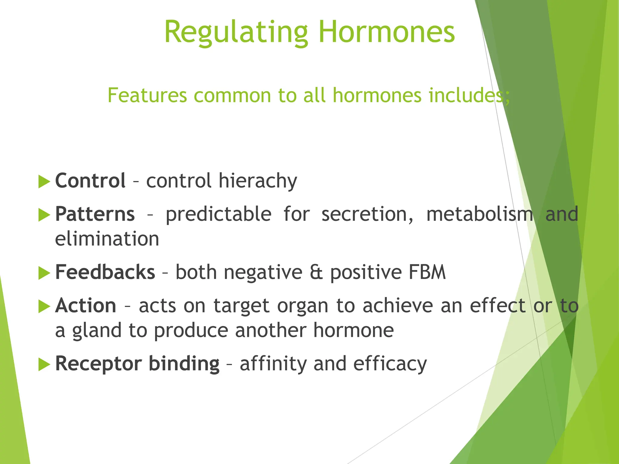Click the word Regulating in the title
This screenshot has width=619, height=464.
(236, 33)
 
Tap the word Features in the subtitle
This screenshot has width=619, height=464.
(147, 95)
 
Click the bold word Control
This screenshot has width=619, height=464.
(90, 181)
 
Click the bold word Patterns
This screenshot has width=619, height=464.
(95, 214)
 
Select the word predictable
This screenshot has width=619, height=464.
(219, 214)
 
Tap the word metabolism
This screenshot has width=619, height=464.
(480, 214)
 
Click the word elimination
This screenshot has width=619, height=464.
(107, 239)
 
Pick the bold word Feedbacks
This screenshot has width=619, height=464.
(105, 272)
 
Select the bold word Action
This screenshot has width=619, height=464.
(86, 306)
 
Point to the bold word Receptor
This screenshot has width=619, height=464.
(98, 364)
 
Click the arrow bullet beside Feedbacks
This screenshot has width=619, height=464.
(44, 273)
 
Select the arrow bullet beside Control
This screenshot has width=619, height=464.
(44, 182)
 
